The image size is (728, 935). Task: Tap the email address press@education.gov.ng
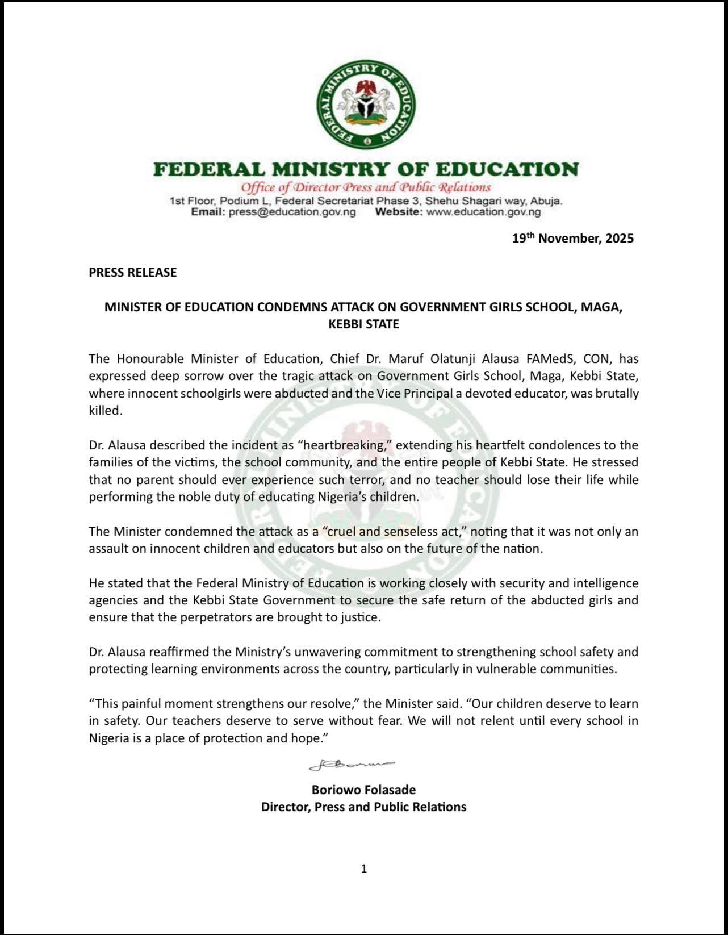292,212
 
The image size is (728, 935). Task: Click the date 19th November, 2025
572,239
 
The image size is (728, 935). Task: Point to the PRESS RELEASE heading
133,273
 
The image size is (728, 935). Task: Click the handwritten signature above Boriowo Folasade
352,765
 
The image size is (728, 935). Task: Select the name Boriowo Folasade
363,790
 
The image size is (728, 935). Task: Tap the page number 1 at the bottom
364,868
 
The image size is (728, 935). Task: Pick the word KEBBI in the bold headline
345,324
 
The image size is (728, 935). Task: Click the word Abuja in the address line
545,201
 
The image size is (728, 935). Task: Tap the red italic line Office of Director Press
366,187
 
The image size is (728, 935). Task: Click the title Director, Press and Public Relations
363,807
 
